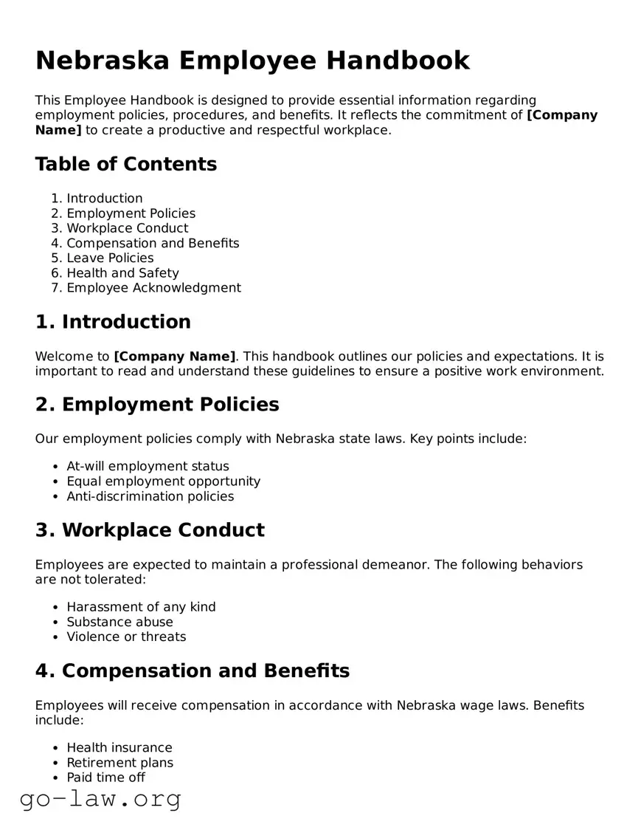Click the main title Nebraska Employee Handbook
tap(252, 61)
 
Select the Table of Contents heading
tap(126, 164)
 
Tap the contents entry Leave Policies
tap(110, 258)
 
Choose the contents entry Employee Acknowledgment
tap(153, 288)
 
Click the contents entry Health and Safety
tap(122, 273)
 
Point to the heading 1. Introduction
tap(113, 322)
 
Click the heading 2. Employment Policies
tap(157, 405)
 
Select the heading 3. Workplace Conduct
tap(150, 530)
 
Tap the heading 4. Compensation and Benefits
tap(193, 671)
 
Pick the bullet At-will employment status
tap(148, 467)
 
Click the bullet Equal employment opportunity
tap(163, 481)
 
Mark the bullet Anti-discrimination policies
tap(150, 497)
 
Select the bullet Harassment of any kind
tap(141, 607)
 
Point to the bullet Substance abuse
tap(119, 622)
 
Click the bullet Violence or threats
tap(126, 637)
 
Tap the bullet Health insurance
tap(119, 748)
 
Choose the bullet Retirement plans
tap(119, 763)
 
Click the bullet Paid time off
tap(105, 778)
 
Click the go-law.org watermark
tap(100, 799)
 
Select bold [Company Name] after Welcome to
tap(175, 356)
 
